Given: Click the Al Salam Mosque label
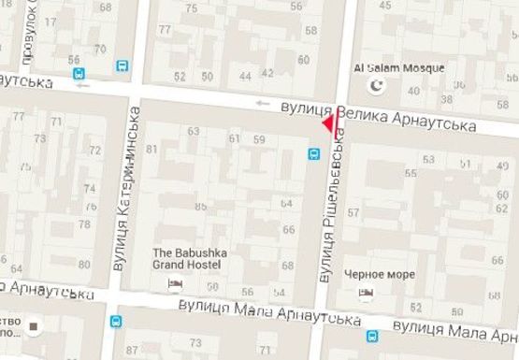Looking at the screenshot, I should pos(399,68).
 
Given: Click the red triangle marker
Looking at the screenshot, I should pos(328,122).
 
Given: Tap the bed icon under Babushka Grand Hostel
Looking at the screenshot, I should pos(172,283).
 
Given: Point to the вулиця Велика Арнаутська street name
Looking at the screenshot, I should pos(382,116).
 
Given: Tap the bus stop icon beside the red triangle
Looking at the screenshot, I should pos(312,151).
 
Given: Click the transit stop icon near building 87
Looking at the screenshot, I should pos(116,322).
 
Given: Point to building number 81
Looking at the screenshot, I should pos(151,151).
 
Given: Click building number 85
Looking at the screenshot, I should pos(200,207).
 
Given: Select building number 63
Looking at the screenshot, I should pos(194,132).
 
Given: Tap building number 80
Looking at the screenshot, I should pos(83,265).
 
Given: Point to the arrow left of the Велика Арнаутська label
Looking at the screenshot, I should pos(263,103).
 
